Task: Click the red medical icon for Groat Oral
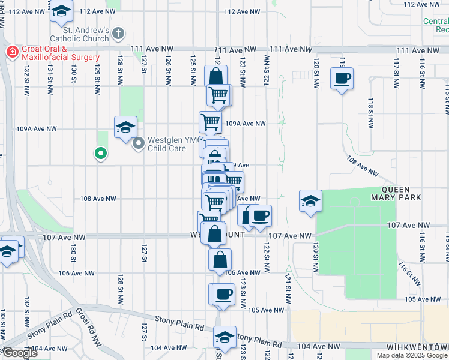pyautogui.click(x=10, y=52)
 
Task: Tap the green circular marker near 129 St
pyautogui.click(x=101, y=154)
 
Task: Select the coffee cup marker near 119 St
pyautogui.click(x=342, y=79)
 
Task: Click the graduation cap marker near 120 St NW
pyautogui.click(x=310, y=201)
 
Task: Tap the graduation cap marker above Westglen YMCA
pyautogui.click(x=125, y=127)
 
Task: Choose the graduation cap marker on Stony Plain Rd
pyautogui.click(x=224, y=338)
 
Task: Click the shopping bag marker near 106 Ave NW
pyautogui.click(x=220, y=260)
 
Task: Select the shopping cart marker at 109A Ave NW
pyautogui.click(x=211, y=122)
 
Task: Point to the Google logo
pyautogui.click(x=19, y=353)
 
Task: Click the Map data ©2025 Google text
pyautogui.click(x=412, y=355)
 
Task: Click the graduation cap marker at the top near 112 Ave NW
pyautogui.click(x=61, y=11)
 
